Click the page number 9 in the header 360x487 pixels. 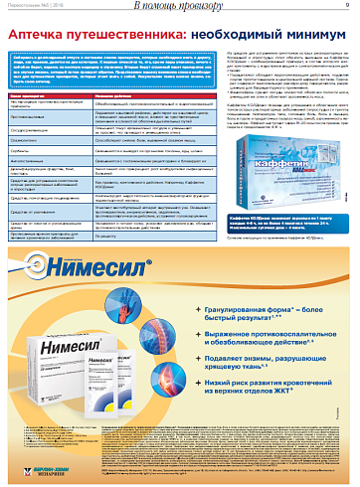(347, 9)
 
